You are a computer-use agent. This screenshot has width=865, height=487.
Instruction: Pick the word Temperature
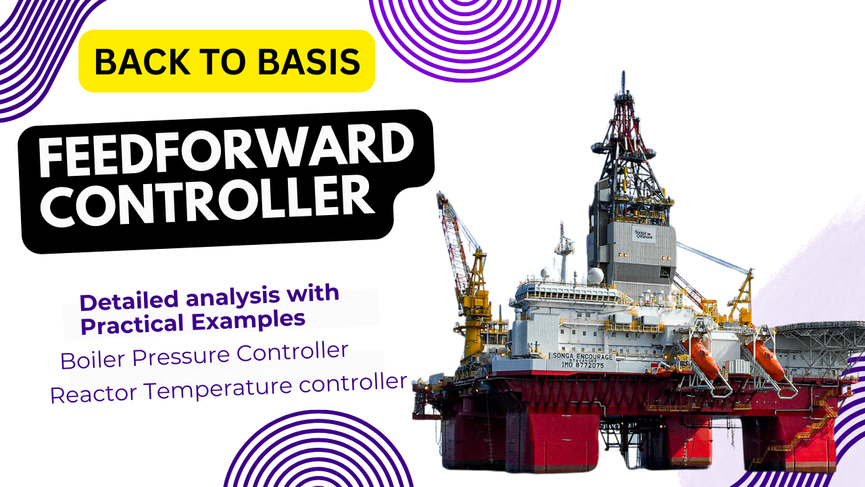click(216, 388)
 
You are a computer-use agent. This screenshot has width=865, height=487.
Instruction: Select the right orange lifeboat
click(765, 360)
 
